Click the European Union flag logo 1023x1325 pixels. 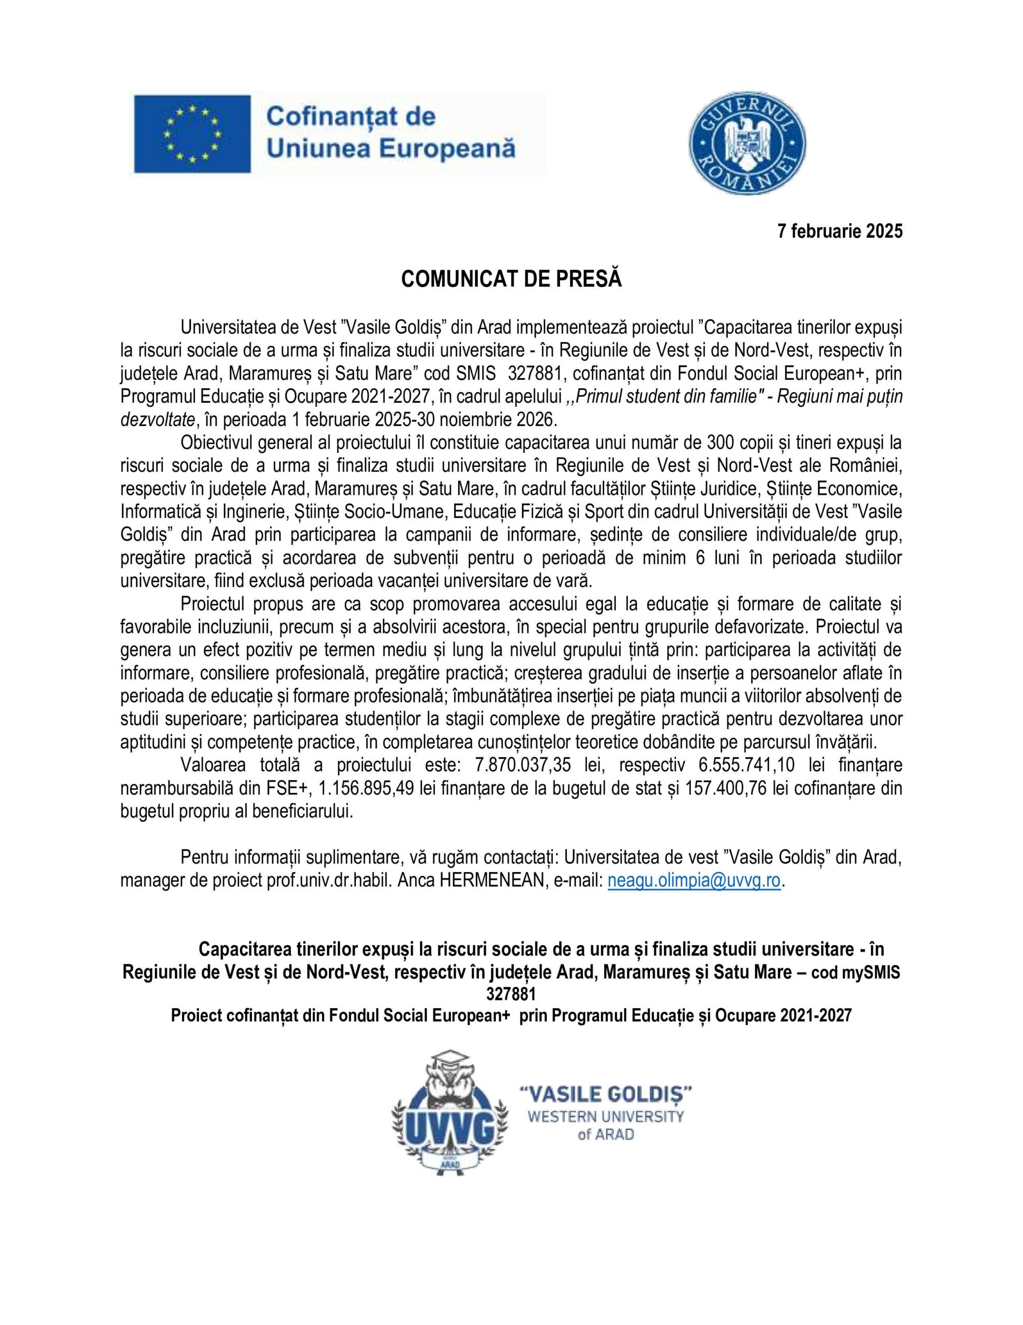(192, 134)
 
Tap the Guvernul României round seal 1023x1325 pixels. (748, 143)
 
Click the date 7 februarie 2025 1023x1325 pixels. (840, 231)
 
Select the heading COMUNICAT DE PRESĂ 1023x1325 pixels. (511, 279)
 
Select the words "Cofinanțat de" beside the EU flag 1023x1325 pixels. (351, 116)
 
